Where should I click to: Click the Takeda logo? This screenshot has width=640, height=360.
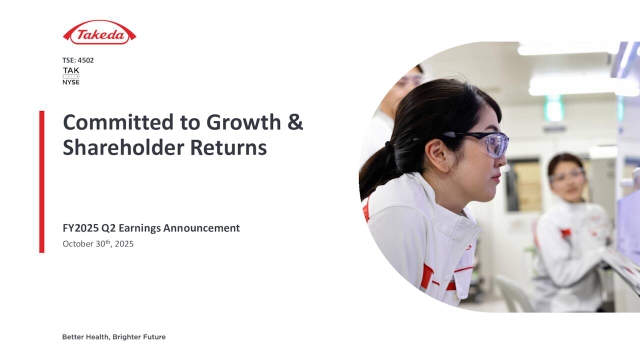click(99, 34)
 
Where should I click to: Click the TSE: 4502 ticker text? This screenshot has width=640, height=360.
click(78, 62)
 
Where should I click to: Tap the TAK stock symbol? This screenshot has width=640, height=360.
click(70, 71)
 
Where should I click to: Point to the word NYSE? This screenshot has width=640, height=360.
click(72, 81)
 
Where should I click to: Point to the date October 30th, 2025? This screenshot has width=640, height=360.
click(97, 244)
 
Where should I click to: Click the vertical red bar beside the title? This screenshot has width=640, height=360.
click(42, 180)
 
